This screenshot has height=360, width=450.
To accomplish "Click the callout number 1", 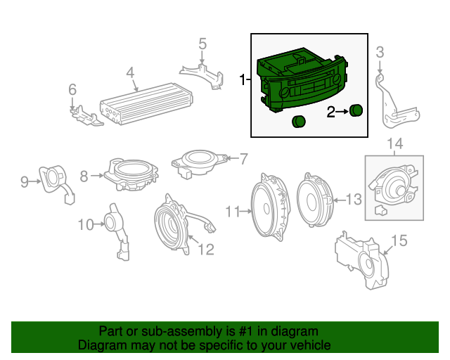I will [x=243, y=80].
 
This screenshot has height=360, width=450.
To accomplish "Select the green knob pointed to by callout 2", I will [x=356, y=110].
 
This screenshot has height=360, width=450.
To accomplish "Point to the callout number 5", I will [x=202, y=44].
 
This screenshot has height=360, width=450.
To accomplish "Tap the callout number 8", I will [x=84, y=176].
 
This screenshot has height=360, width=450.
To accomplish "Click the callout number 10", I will [x=85, y=225].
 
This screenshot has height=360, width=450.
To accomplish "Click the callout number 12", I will [x=205, y=248].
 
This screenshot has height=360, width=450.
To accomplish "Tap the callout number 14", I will [x=394, y=144].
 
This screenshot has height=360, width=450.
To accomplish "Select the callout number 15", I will [x=399, y=241].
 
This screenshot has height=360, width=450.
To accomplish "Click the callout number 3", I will [x=380, y=51].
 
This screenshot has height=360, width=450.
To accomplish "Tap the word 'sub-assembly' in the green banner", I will [x=178, y=331].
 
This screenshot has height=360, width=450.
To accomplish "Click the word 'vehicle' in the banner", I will [x=310, y=345].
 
